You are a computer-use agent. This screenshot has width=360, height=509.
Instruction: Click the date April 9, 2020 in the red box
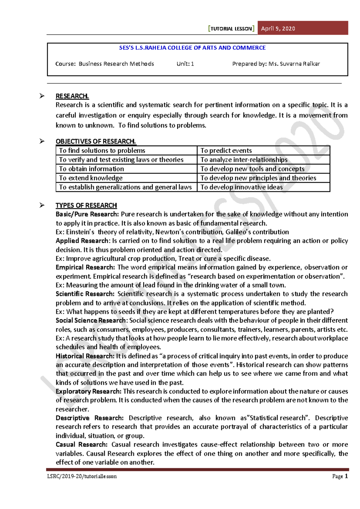click(x=278, y=29)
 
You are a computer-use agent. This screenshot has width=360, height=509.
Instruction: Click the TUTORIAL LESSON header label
click(x=231, y=29)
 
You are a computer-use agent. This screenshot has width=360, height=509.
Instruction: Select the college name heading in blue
click(x=192, y=48)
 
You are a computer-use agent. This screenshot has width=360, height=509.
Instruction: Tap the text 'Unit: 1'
click(x=185, y=64)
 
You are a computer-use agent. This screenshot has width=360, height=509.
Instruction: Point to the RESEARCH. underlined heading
click(x=72, y=96)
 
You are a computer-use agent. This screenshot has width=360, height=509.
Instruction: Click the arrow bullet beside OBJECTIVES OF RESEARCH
click(x=42, y=141)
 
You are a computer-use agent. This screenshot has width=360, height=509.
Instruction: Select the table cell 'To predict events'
click(x=226, y=150)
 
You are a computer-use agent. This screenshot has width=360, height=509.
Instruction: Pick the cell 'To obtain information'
click(x=91, y=169)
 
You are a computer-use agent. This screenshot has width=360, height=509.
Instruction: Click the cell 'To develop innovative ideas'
click(x=241, y=187)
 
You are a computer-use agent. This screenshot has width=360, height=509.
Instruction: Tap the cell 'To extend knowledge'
click(x=91, y=178)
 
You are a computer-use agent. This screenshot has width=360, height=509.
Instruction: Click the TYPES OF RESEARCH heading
click(x=86, y=205)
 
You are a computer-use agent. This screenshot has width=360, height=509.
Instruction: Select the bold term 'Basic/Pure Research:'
click(x=87, y=214)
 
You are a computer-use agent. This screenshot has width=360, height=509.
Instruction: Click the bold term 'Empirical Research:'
click(x=85, y=267)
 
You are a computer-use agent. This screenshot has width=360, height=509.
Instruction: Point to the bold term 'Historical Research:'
click(x=85, y=356)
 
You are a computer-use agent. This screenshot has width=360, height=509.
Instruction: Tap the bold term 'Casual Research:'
click(x=81, y=444)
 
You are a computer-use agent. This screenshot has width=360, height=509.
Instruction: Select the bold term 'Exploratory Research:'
click(x=88, y=391)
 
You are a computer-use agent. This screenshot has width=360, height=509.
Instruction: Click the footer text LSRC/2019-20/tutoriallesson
click(x=82, y=476)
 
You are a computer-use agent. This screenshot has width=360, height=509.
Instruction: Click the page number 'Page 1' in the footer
click(x=340, y=476)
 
